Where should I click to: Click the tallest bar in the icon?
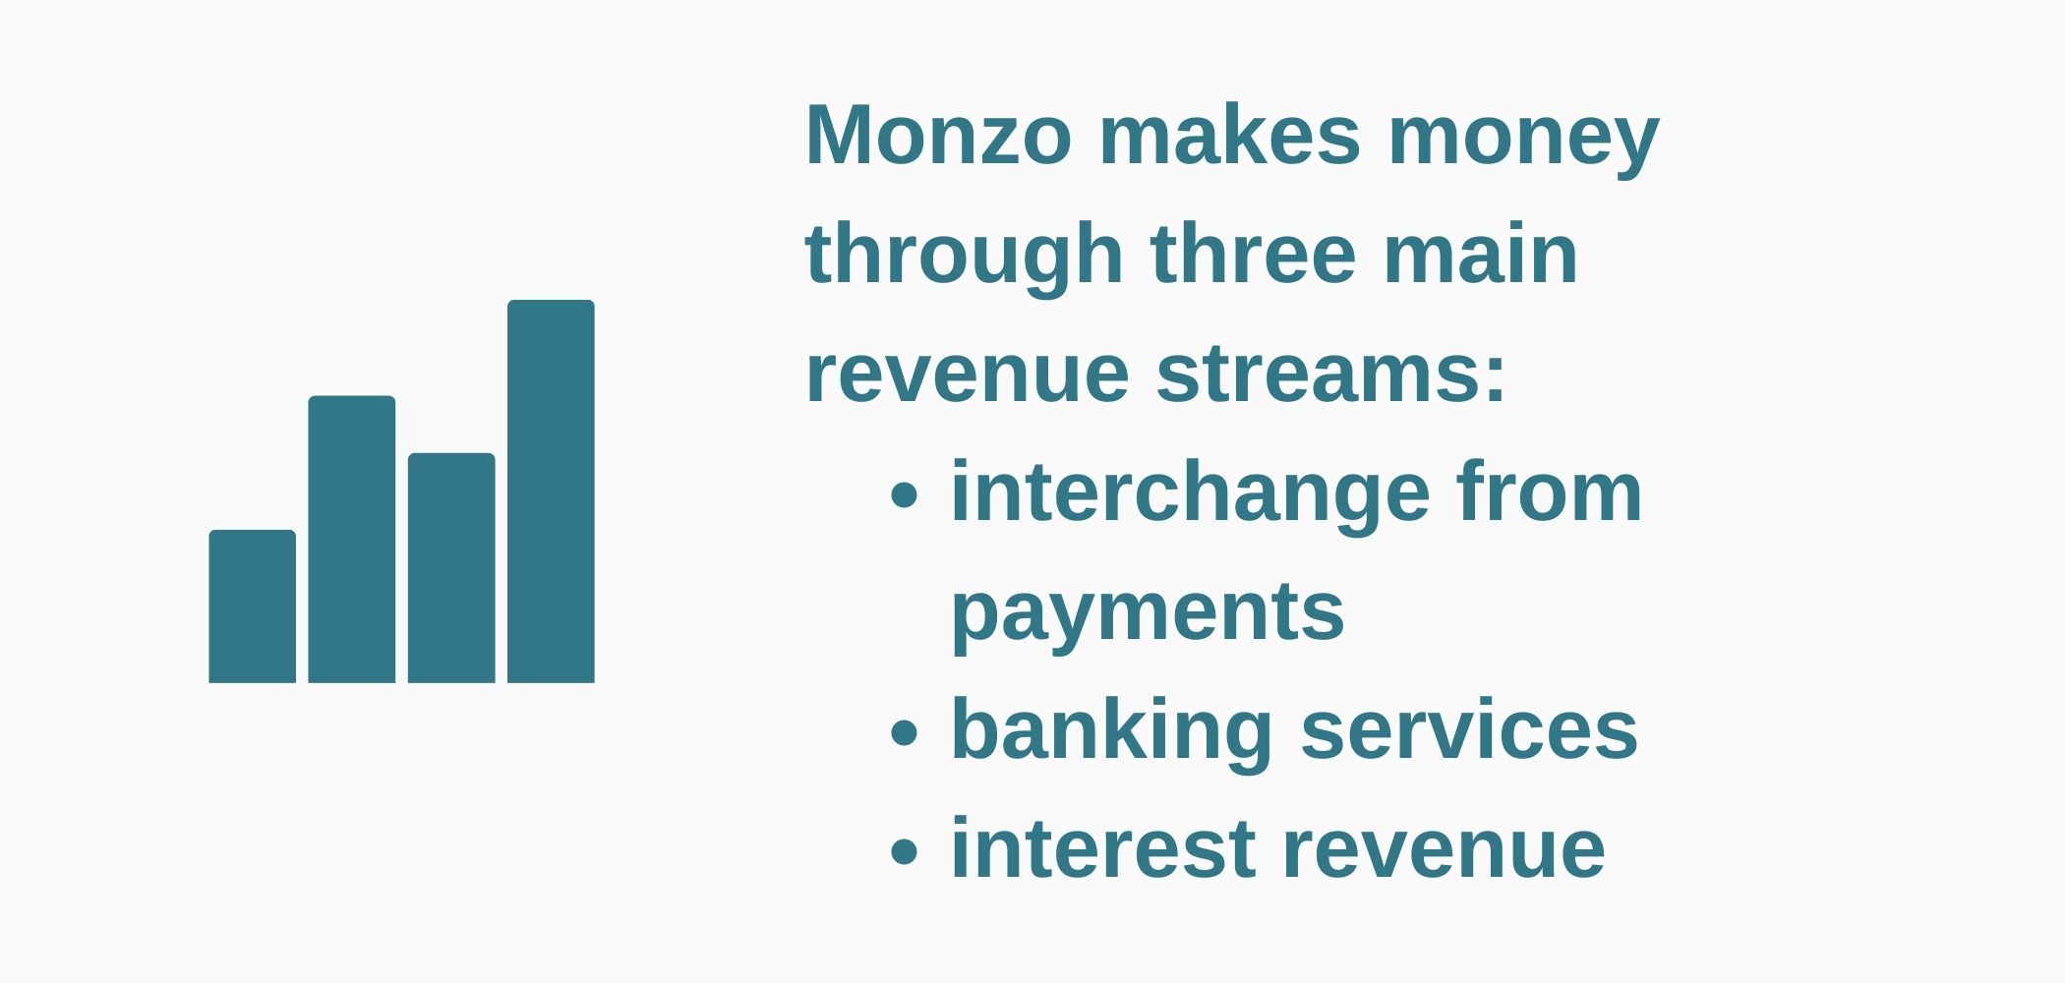[551, 491]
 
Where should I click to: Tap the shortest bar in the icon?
[252, 607]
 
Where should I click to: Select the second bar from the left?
[352, 539]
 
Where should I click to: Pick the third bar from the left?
[451, 567]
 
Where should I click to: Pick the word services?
[1469, 730]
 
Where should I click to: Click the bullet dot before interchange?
[904, 496]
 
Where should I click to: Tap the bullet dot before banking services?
[904, 733]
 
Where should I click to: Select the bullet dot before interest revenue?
[904, 852]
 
